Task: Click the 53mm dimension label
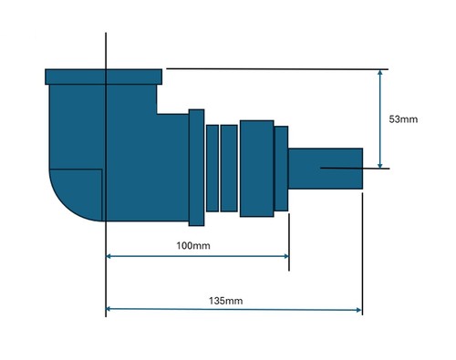click(403, 119)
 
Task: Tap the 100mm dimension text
click(193, 245)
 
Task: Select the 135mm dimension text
click(225, 301)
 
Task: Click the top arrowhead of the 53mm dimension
click(380, 72)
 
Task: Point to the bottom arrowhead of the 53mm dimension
click(380, 165)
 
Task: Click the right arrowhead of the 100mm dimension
click(286, 256)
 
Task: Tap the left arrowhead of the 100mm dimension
click(109, 256)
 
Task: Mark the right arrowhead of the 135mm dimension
click(358, 310)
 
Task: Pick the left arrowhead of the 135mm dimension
click(109, 309)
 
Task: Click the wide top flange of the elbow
click(103, 77)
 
